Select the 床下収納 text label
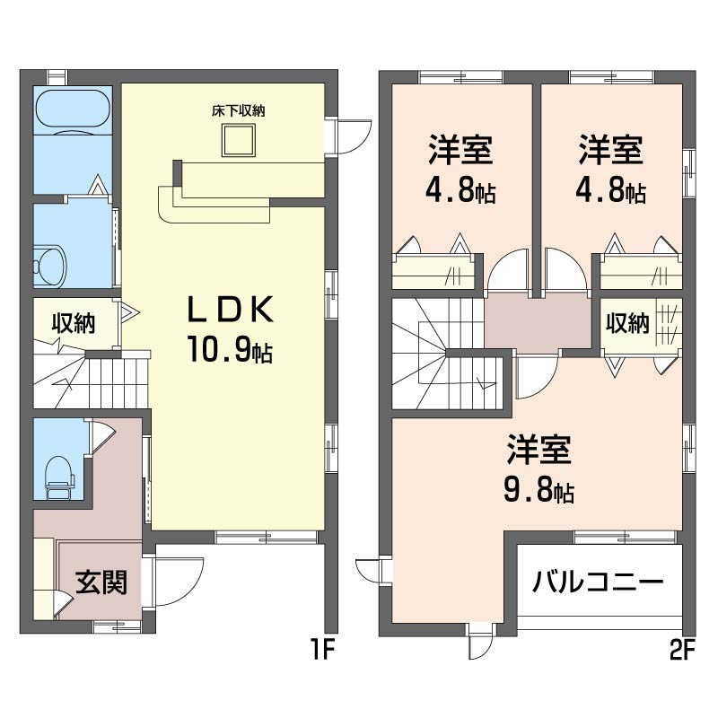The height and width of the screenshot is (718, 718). click(238, 111)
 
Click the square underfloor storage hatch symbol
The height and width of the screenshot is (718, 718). click(239, 141)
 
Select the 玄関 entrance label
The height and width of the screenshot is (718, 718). click(100, 582)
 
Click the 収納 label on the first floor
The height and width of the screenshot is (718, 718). click(73, 323)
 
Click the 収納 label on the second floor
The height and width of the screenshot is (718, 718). click(626, 323)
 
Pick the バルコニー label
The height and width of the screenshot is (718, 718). click(598, 582)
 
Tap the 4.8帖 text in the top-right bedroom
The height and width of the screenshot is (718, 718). click(612, 192)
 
